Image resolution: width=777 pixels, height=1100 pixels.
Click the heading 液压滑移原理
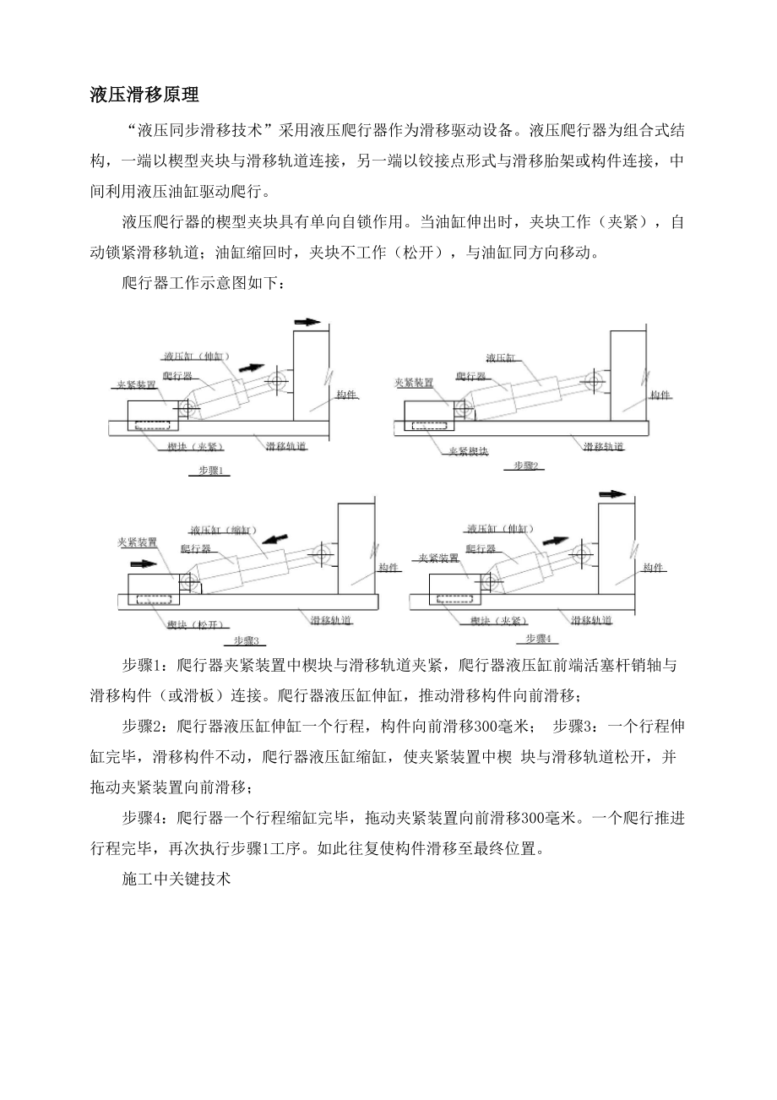[x=144, y=95]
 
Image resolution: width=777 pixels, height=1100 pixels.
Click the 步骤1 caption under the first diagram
[x=209, y=471]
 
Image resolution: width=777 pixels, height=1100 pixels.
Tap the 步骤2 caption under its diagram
[x=527, y=466]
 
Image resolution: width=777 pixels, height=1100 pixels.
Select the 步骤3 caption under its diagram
[x=244, y=640]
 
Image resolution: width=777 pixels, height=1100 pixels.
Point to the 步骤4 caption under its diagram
[x=538, y=638]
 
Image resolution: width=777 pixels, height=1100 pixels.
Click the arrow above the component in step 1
[x=308, y=322]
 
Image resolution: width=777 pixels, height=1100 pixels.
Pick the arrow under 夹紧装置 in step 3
[x=144, y=562]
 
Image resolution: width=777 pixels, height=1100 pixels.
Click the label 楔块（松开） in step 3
[x=195, y=624]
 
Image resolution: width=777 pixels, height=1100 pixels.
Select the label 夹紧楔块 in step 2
[x=468, y=451]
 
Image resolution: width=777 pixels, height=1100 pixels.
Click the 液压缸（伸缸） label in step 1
[x=197, y=357]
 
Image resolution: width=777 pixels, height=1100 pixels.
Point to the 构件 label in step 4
[x=652, y=567]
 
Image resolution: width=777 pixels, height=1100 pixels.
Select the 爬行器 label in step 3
[x=196, y=548]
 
